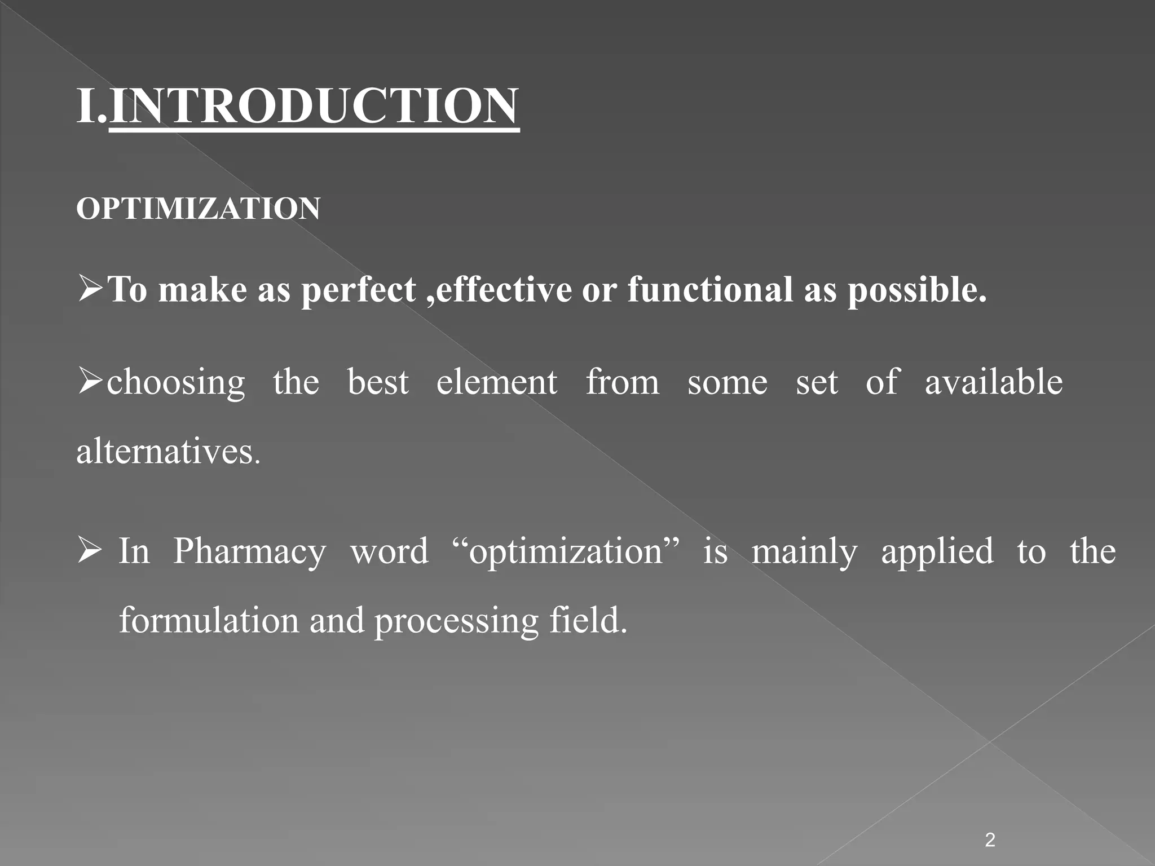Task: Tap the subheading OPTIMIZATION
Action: click(x=199, y=209)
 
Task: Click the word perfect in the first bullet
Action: click(x=359, y=290)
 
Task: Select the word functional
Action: click(x=711, y=290)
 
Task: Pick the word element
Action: click(x=497, y=382)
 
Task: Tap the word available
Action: click(x=994, y=382)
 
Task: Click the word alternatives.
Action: click(x=168, y=452)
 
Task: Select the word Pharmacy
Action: click(x=249, y=552)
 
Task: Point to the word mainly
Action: click(x=804, y=552)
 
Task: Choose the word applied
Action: click(x=937, y=552)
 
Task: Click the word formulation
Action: click(x=209, y=620)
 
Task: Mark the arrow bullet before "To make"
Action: click(x=90, y=289)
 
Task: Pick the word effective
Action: click(x=504, y=290)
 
